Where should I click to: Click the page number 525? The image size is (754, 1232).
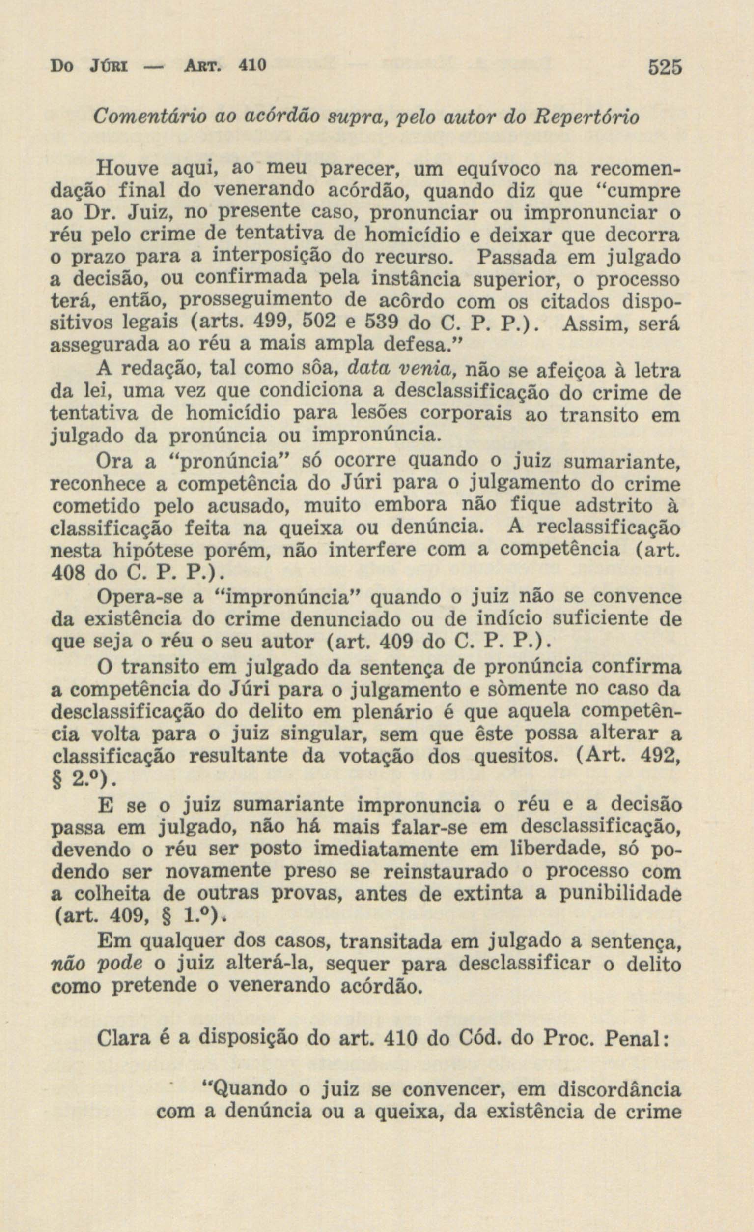pos(665,67)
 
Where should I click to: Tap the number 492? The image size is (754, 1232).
pos(661,758)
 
